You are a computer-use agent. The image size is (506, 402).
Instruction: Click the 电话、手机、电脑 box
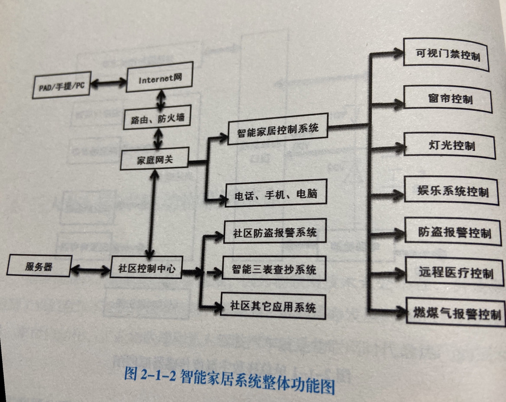point(276,194)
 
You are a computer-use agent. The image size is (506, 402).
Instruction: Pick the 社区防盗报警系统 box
point(274,233)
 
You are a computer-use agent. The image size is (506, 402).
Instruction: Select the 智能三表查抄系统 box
point(274,269)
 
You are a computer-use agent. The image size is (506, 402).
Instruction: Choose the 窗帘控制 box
point(449,99)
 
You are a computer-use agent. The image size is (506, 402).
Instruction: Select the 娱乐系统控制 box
point(452,191)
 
